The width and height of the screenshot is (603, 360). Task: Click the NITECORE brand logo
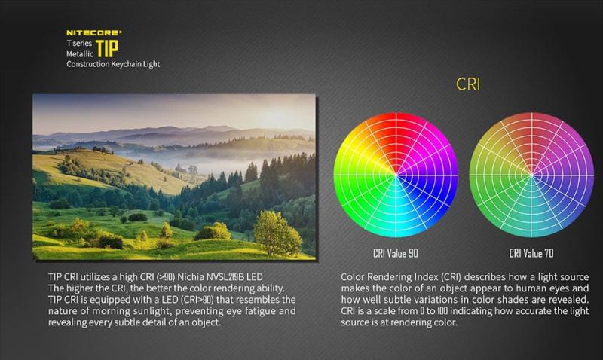click(93, 32)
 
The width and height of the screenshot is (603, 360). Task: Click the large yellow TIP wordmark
click(107, 48)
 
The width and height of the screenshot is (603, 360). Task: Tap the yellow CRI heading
click(468, 84)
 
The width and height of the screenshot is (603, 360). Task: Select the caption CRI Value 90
click(395, 253)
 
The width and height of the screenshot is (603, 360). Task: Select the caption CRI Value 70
click(531, 253)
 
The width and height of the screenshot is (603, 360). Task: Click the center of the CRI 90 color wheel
click(396, 175)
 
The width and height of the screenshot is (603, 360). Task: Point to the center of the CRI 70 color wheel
click(531, 175)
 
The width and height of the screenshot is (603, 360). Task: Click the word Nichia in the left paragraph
click(191, 277)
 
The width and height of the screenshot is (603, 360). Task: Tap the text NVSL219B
click(225, 277)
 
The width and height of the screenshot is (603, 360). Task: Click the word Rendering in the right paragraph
click(393, 277)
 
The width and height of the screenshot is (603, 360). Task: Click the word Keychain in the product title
click(126, 64)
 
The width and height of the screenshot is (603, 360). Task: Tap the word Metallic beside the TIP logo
click(80, 53)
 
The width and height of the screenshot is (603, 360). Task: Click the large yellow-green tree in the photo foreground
click(277, 233)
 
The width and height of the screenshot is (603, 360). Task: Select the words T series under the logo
click(79, 43)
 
